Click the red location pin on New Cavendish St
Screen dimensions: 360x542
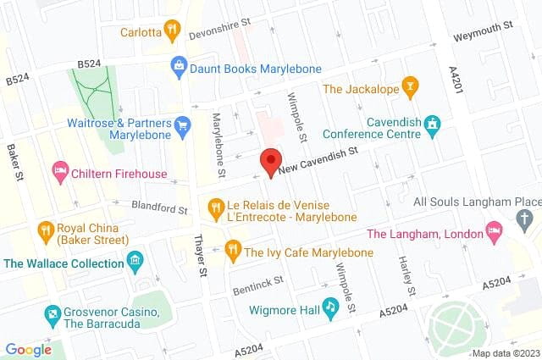tap(271, 161)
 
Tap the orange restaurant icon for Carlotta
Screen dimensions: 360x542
tap(173, 31)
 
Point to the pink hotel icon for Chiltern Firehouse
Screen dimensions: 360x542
tap(60, 172)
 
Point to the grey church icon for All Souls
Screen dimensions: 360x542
tap(525, 220)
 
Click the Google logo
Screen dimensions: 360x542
tap(29, 349)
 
